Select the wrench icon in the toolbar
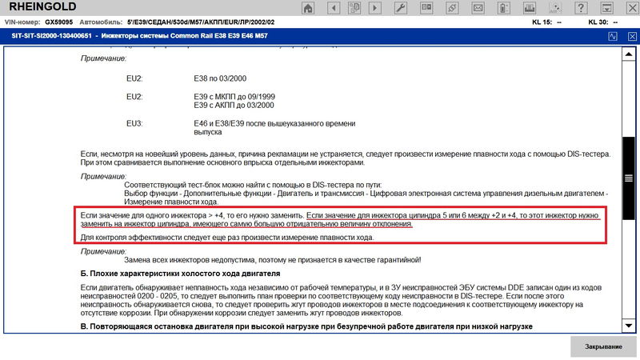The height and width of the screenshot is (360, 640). (x=401, y=7)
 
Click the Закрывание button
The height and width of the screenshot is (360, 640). (x=604, y=346)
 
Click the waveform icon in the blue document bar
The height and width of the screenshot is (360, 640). (x=613, y=37)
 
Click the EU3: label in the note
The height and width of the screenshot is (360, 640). (x=134, y=123)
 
